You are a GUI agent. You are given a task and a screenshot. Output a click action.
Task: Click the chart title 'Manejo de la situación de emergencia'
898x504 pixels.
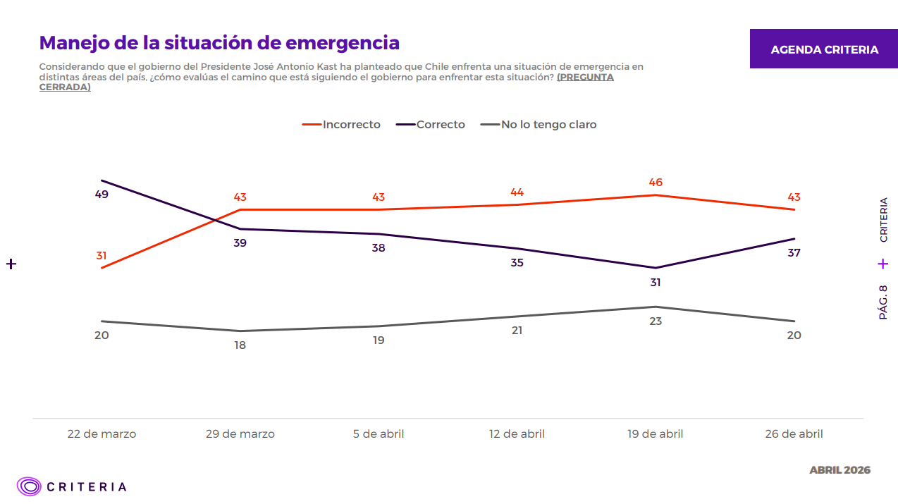[x=219, y=43]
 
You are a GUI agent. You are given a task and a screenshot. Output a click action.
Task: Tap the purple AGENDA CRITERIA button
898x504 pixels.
[x=824, y=49]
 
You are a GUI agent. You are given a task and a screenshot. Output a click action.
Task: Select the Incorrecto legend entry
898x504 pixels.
[x=342, y=125]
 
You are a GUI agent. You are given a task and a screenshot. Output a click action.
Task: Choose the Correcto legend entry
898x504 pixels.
[x=431, y=125]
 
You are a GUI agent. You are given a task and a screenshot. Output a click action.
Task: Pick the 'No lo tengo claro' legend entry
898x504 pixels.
[x=539, y=125]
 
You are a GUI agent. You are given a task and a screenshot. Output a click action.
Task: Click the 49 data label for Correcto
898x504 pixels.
[x=102, y=194]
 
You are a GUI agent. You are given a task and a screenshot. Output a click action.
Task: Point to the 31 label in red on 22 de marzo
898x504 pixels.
[x=102, y=256]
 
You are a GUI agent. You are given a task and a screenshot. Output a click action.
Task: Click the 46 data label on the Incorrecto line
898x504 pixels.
[x=656, y=183]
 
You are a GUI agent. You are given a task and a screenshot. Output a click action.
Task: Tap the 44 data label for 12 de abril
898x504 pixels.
[x=517, y=192]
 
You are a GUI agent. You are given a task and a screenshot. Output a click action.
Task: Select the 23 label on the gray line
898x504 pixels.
[x=656, y=321]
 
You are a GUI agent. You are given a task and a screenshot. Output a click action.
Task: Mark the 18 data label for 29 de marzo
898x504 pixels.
[x=240, y=345]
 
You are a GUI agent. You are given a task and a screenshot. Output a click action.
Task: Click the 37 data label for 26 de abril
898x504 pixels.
[x=794, y=252]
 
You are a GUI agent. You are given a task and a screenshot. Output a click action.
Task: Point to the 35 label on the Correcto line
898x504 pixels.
[x=517, y=263]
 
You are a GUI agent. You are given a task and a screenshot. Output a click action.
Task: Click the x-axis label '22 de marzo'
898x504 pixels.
[x=102, y=434]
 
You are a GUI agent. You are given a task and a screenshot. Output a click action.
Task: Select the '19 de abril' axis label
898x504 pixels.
[x=656, y=434]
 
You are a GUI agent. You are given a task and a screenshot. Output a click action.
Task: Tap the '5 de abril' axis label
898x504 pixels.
[x=379, y=434]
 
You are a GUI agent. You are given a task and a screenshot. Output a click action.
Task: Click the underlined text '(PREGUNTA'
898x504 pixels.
[x=585, y=78]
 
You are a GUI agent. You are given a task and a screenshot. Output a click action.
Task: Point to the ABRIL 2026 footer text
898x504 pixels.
[x=839, y=470]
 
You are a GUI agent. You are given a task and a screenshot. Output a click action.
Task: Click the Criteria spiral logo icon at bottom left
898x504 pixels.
[x=30, y=486]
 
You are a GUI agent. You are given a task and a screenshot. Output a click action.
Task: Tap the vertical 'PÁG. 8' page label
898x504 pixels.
[x=883, y=302]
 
